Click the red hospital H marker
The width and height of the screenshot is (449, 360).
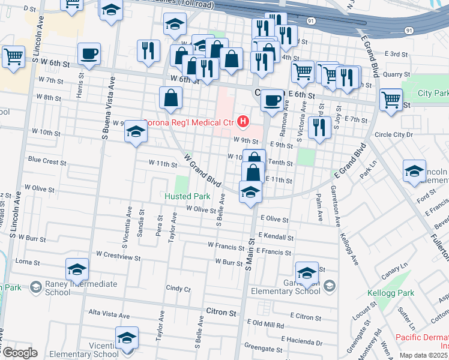[243, 122]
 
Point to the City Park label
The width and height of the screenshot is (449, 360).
[433, 94]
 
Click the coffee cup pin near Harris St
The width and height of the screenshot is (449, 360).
[89, 55]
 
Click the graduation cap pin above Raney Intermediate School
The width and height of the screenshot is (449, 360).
[77, 269]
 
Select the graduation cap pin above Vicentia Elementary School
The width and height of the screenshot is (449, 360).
[126, 338]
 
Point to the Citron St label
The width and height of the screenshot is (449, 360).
[220, 313]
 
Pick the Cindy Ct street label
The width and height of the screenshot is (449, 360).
[178, 289]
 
